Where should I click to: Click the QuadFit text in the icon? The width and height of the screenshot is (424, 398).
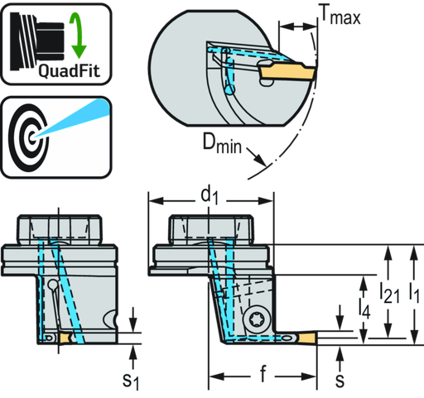pos(69,71)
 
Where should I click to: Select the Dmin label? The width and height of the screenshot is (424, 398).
pos(222,142)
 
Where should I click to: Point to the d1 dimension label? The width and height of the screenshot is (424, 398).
pos(210,196)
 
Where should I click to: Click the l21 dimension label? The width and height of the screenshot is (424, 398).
pos(389,293)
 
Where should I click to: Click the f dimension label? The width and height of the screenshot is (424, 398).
pos(263,374)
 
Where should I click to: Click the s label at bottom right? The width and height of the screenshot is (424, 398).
pos(340,380)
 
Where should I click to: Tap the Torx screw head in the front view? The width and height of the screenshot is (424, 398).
pos(254,320)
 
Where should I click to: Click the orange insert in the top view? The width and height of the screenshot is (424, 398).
pos(287,72)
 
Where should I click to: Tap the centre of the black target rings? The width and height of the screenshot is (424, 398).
pos(31,137)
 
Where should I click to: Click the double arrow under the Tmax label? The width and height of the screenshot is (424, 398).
pos(298,26)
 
